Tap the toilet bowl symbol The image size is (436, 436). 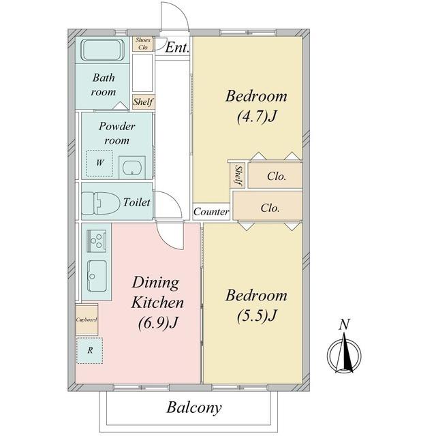[99, 203]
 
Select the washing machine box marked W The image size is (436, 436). [99, 163]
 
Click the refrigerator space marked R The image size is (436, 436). [89, 350]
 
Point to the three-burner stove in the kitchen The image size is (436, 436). [97, 240]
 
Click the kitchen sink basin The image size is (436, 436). [97, 276]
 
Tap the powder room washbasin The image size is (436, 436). [132, 168]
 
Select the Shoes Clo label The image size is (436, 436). [143, 44]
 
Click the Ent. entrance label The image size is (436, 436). [177, 47]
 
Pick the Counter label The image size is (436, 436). [211, 212]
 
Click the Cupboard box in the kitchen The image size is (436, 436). [87, 320]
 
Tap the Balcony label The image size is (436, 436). [194, 407]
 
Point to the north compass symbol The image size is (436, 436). [344, 356]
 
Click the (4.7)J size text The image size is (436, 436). [257, 116]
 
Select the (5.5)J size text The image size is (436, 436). [257, 315]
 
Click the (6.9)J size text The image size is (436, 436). [157, 322]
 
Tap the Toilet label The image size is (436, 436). [136, 202]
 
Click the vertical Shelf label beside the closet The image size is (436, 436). [238, 176]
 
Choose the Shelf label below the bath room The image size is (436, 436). [143, 102]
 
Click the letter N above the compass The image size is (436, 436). [344, 324]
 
